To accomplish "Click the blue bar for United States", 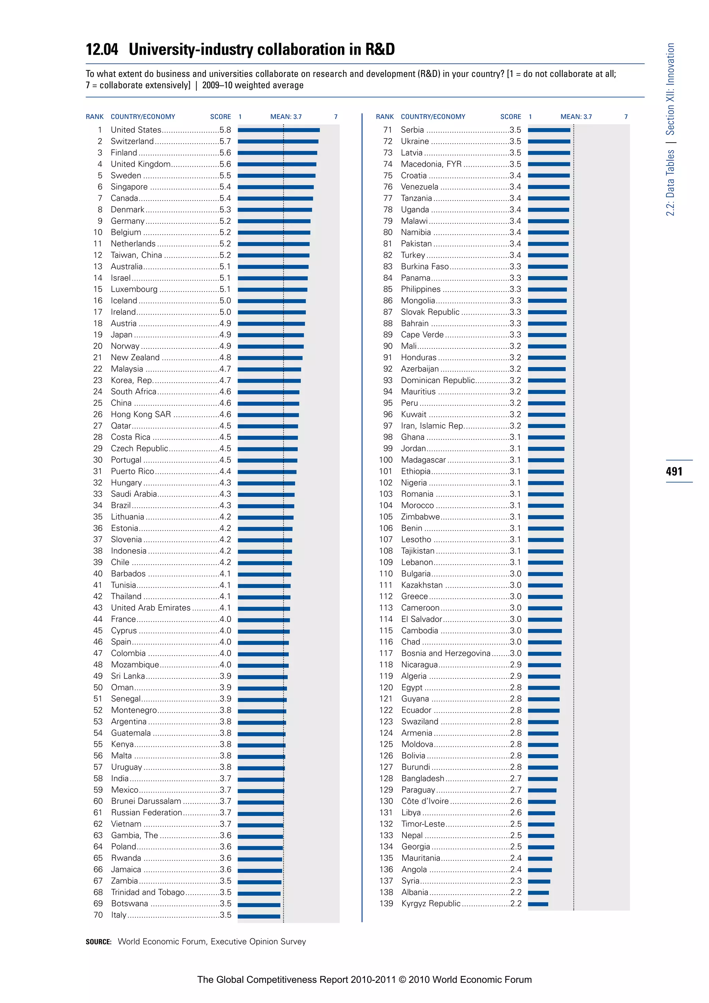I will click(x=279, y=130).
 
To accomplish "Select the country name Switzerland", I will click(x=132, y=141).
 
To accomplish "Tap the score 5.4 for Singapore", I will click(x=225, y=187).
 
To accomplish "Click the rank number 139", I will click(x=386, y=903).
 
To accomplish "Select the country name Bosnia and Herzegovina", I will click(x=445, y=653).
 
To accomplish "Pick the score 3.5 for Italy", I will click(x=226, y=915).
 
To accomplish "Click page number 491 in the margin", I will click(x=674, y=471).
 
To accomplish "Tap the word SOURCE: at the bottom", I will click(x=99, y=942).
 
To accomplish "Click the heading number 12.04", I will click(x=102, y=50).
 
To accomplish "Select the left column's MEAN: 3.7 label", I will click(x=286, y=117).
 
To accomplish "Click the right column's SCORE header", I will click(x=510, y=117).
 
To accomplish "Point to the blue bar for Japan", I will click(x=271, y=335).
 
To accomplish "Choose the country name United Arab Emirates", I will click(x=151, y=608).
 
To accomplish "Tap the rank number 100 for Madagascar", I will click(x=386, y=460).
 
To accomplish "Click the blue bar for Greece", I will click(x=545, y=597).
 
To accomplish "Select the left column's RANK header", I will click(x=95, y=117).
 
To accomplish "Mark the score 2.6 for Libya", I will click(x=515, y=813).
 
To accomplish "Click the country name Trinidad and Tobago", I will click(x=147, y=892).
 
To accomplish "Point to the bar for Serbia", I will click(x=549, y=130).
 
